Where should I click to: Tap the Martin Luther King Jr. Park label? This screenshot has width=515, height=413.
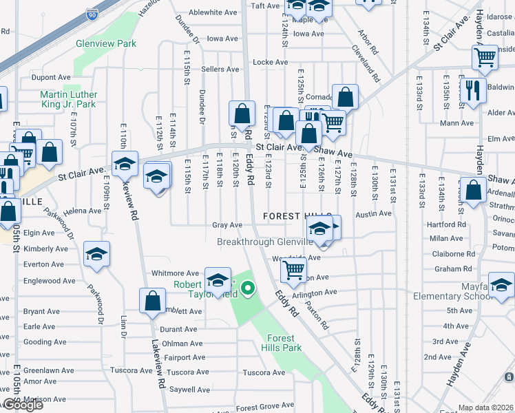[x=68, y=99]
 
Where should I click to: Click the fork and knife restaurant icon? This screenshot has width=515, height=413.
[x=472, y=89]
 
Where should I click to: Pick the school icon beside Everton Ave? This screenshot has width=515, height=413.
[x=96, y=253]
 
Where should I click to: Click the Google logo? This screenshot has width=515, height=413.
[x=22, y=405]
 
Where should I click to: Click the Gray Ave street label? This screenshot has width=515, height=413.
[x=227, y=225]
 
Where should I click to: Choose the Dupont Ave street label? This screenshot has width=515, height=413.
[x=51, y=78]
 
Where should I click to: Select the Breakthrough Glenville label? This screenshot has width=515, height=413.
[x=264, y=242]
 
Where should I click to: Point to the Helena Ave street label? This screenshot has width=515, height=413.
[x=82, y=211]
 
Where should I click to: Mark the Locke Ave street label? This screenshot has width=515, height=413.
[x=265, y=62]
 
